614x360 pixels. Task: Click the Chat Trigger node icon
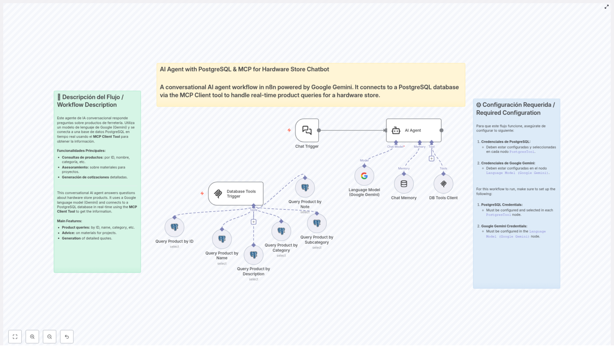tap(307, 130)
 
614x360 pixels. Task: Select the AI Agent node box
tap(413, 130)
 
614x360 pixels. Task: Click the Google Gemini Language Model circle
tap(364, 176)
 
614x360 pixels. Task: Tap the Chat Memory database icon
tap(404, 184)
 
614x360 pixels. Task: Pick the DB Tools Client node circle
tap(443, 184)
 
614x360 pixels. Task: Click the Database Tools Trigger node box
tap(236, 193)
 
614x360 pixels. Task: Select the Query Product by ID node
tap(174, 227)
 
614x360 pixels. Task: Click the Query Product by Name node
tap(222, 239)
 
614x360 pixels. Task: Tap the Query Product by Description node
tap(253, 255)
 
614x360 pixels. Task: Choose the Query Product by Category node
tap(281, 231)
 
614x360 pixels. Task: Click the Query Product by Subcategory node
tap(317, 223)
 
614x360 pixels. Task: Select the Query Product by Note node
tap(305, 188)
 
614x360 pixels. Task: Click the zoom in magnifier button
tap(32, 337)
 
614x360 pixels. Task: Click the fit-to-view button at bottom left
tap(15, 337)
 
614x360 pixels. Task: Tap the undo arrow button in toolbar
tap(67, 337)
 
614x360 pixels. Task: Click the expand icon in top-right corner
tap(606, 7)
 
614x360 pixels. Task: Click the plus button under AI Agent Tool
tap(431, 159)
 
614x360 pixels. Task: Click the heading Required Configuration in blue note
tap(515, 109)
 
